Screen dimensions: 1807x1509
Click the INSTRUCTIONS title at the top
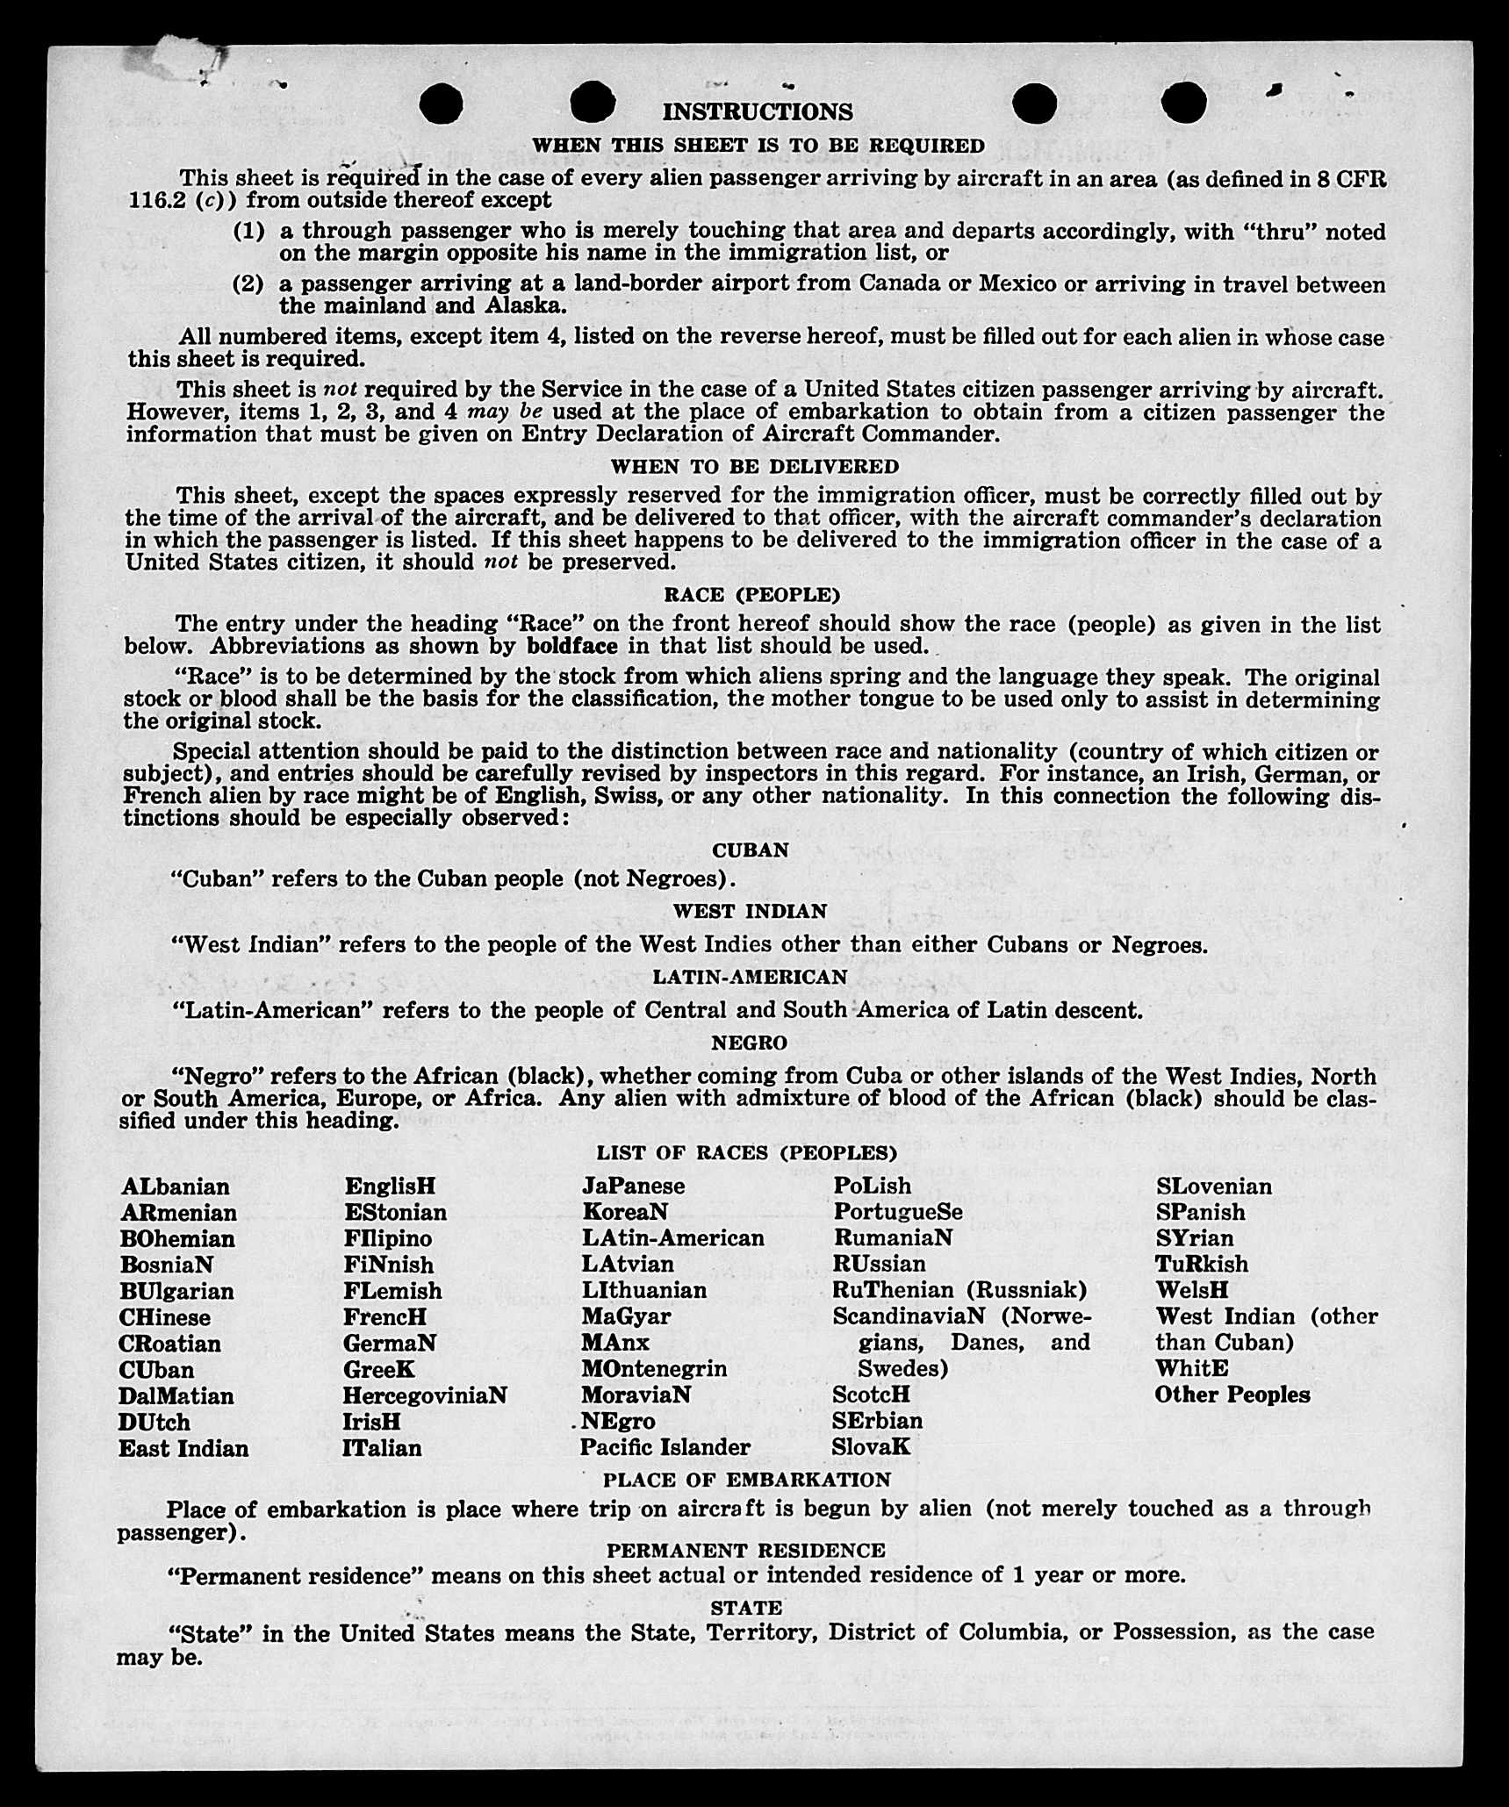tap(757, 112)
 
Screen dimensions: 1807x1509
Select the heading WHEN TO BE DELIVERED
tap(755, 467)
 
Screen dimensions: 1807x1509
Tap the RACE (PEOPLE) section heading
tap(751, 595)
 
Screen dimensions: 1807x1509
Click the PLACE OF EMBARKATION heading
tap(746, 1480)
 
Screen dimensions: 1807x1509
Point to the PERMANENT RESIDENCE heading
tap(745, 1550)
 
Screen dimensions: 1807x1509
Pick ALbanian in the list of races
tap(176, 1187)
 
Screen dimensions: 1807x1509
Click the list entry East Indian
tap(183, 1448)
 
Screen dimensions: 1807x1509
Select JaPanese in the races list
tap(633, 1186)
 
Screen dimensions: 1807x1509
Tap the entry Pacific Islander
tap(665, 1447)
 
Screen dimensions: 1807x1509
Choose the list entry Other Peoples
tap(1232, 1395)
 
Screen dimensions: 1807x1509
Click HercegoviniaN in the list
tap(425, 1395)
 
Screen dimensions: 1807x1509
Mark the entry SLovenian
tap(1213, 1187)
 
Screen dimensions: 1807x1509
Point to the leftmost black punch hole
tap(441, 104)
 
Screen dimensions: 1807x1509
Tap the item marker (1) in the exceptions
tap(248, 232)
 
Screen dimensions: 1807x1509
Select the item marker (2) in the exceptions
tap(248, 284)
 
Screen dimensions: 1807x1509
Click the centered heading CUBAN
tap(750, 850)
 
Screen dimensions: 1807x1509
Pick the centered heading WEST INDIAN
tap(750, 911)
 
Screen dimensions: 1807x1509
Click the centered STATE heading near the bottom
tap(746, 1608)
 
